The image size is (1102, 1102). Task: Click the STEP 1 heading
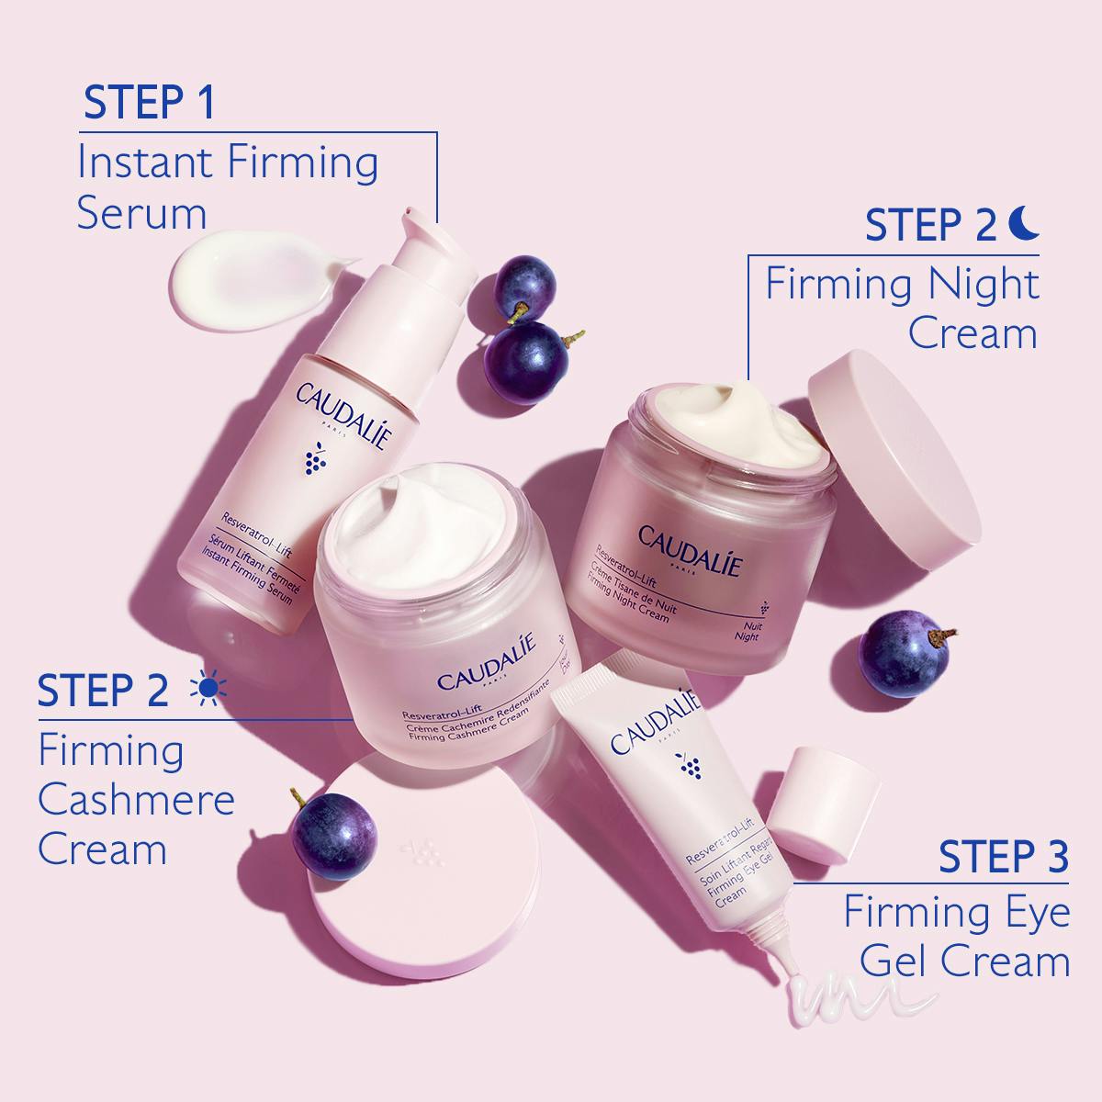148,103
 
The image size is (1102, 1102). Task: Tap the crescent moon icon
1024,222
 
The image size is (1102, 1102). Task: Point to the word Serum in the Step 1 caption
142,214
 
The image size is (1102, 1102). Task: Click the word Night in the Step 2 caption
978,284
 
